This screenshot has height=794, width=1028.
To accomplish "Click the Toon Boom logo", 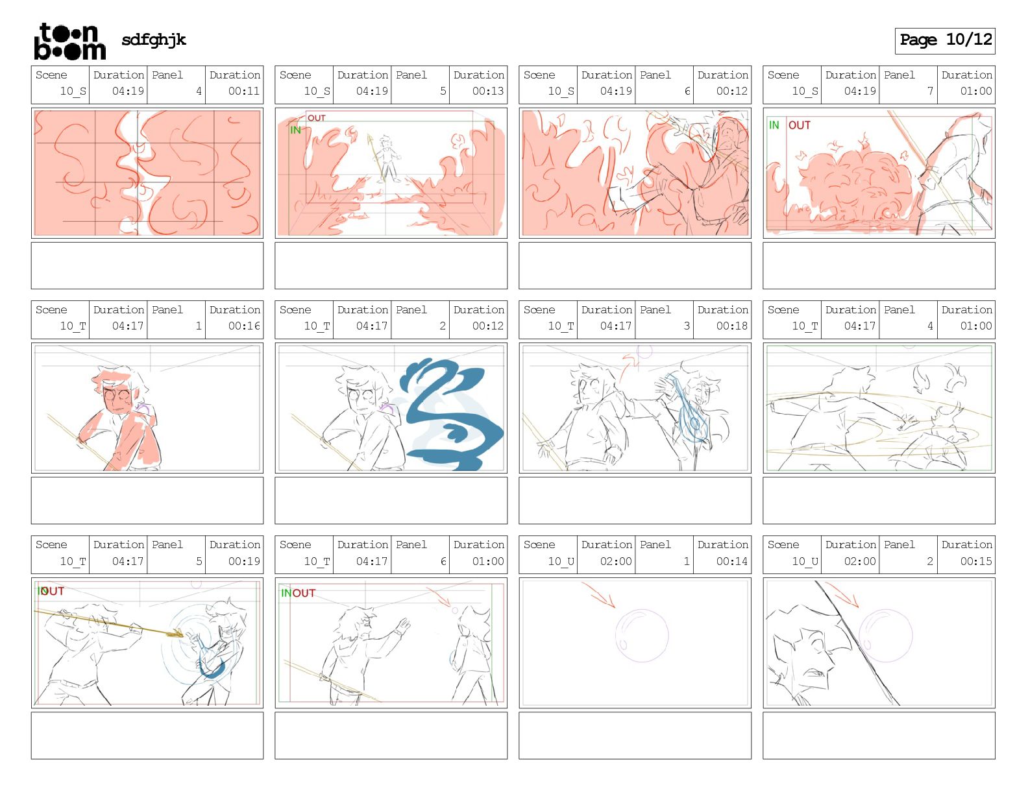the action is tap(70, 42).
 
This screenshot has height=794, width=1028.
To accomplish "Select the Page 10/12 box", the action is tap(944, 41).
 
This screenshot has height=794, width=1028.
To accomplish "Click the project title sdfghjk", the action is tap(154, 40).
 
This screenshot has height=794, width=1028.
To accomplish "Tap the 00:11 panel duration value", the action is tap(243, 91).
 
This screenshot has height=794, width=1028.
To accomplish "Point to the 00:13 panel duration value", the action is tap(488, 91).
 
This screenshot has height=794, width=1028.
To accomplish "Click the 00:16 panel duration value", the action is tap(243, 326).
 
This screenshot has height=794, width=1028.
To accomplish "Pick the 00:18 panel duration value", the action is tap(732, 326).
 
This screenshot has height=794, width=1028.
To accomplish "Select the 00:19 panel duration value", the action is tap(243, 561).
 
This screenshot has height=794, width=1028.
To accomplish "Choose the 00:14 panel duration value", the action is tap(732, 561).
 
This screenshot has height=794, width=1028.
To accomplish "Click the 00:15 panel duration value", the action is tap(976, 561).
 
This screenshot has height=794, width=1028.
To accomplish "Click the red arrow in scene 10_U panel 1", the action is tap(598, 595).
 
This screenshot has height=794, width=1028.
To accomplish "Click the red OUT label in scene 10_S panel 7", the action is tap(799, 125).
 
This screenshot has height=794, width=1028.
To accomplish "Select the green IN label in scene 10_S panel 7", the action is tap(774, 125).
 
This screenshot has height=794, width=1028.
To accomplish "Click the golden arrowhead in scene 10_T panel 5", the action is tap(176, 632).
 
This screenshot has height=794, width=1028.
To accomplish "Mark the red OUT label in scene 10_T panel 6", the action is tap(304, 593).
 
